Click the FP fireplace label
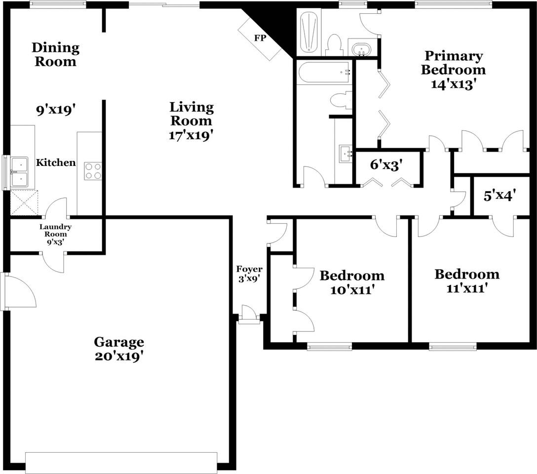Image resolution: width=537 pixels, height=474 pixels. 260,38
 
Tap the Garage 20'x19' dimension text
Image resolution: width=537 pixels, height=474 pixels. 119,356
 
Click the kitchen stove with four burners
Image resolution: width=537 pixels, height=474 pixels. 93,171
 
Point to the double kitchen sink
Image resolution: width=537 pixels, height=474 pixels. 19,172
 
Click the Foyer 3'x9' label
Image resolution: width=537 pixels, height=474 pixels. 249,274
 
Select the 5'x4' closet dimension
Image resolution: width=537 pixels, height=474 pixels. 499,196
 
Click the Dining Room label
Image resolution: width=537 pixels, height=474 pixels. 55,55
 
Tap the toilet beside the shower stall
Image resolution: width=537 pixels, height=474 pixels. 335,45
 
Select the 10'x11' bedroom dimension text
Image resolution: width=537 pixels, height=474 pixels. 351,290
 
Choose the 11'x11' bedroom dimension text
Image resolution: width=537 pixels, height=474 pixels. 466,288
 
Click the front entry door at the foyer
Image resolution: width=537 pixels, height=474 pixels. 249,315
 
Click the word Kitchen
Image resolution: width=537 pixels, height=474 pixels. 56,162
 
